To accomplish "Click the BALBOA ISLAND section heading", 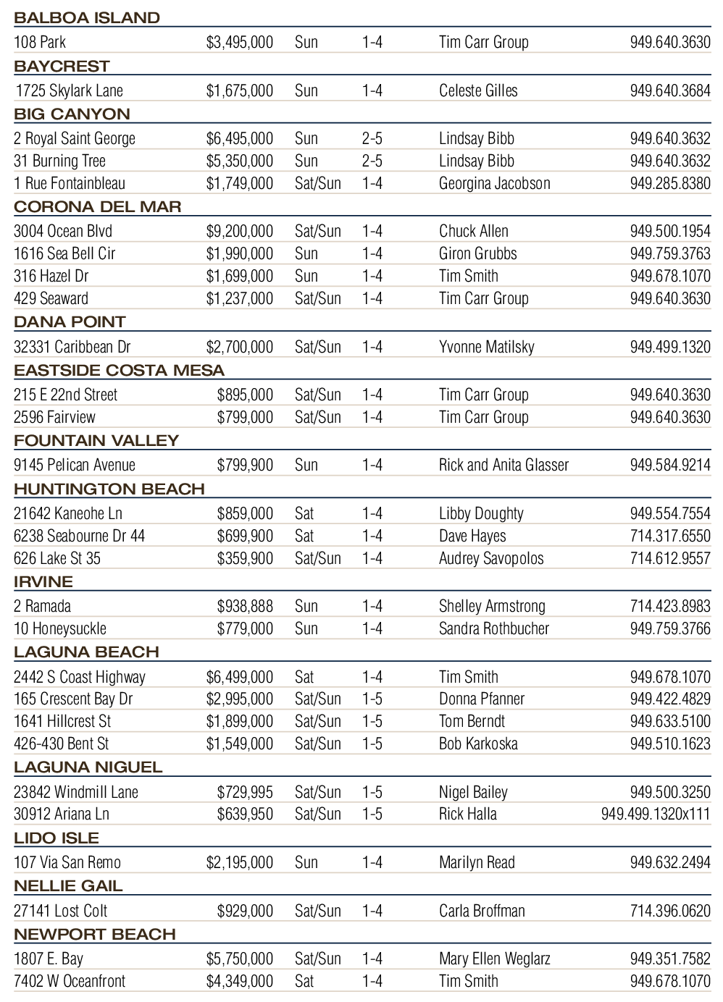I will point(87,18).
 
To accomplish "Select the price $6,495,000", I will point(240,139).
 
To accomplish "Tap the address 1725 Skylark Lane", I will point(70,91).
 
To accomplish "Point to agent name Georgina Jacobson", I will point(494,184).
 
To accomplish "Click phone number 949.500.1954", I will point(670,232).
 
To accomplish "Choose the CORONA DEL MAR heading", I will point(98,207).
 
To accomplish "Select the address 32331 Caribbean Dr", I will point(72,347).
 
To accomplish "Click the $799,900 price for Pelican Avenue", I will point(245,466).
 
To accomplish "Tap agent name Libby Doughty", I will point(481,514).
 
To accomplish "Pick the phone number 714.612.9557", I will point(670,559).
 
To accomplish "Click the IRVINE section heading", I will point(43,582).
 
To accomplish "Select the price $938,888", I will point(245,607).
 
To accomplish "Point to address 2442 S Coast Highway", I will point(80,678).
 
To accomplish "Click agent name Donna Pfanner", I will point(482,699).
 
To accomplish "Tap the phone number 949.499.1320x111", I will point(656,814).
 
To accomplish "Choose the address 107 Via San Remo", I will point(67,863).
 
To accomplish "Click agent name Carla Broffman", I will point(482,912).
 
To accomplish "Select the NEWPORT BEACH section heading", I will point(95,935).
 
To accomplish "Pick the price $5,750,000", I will point(240,959).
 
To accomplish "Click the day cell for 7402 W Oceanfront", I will point(304,982).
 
